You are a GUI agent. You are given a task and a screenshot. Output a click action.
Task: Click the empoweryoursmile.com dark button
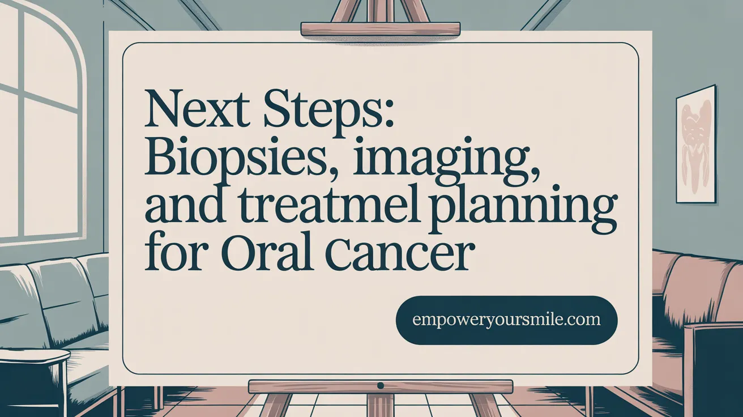[x=506, y=320]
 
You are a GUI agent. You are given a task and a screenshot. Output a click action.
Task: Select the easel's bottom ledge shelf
[x=380, y=386]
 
